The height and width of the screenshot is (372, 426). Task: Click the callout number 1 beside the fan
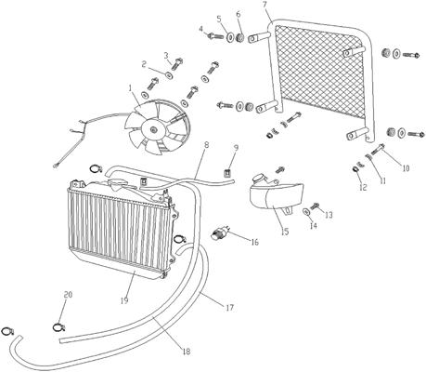(x=131, y=88)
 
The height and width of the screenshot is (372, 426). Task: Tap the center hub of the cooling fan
(x=153, y=129)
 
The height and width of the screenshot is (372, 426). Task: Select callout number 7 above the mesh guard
(x=265, y=5)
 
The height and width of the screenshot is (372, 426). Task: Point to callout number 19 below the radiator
(x=124, y=300)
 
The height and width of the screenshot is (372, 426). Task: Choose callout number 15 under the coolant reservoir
(x=285, y=232)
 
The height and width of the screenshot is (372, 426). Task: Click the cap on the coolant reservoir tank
(x=258, y=178)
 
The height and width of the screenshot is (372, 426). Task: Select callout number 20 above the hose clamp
(x=68, y=295)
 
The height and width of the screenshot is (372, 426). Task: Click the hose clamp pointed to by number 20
(x=58, y=327)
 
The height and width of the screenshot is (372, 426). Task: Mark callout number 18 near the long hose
(x=187, y=352)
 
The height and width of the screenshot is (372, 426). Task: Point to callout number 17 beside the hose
(x=229, y=308)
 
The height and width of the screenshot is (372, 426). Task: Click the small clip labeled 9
(x=228, y=172)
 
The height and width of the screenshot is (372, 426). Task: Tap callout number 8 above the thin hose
(x=207, y=145)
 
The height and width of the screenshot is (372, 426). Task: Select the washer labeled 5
(x=231, y=37)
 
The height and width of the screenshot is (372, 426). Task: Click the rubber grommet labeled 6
(x=240, y=38)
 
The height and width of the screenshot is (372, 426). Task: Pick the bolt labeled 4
(x=215, y=35)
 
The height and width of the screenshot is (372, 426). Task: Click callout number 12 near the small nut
(x=363, y=187)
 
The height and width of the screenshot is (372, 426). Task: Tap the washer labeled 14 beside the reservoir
(x=306, y=212)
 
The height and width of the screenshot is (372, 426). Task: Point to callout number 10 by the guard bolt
(x=406, y=168)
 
